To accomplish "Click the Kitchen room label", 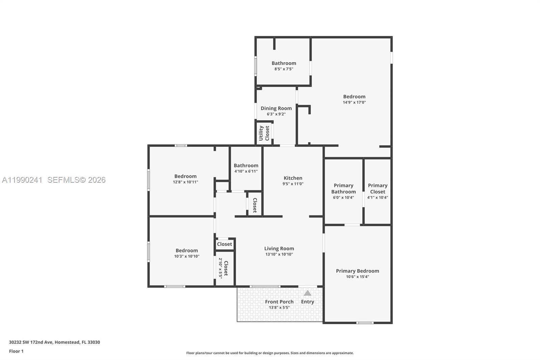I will (x=293, y=178).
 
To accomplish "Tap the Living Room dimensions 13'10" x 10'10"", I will (x=279, y=254).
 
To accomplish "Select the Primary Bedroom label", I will (x=357, y=271).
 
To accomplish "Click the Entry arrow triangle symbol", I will (x=307, y=293).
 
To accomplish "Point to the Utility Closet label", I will (x=264, y=133).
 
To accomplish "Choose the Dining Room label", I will (x=276, y=108).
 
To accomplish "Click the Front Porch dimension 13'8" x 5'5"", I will (x=279, y=308).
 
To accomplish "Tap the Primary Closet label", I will (x=377, y=188).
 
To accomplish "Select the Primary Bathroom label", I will (x=343, y=188).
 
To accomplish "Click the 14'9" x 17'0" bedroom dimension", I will (x=354, y=102).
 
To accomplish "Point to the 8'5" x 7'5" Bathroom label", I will (x=283, y=63).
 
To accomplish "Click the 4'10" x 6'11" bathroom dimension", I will (x=246, y=171).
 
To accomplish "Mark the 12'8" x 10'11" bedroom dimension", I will (x=185, y=182).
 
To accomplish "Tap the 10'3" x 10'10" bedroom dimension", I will (x=187, y=256).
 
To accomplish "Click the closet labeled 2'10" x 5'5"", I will (x=223, y=268).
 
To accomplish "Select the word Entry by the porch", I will (x=307, y=302).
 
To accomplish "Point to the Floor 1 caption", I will (x=16, y=351).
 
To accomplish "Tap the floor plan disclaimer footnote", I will (x=270, y=353).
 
